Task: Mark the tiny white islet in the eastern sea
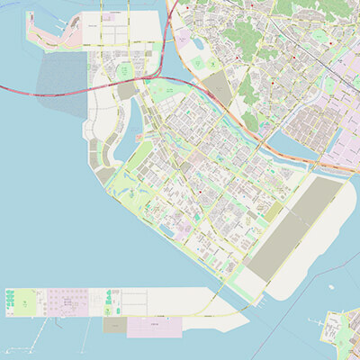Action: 331,287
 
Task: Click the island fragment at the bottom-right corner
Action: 342,333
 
